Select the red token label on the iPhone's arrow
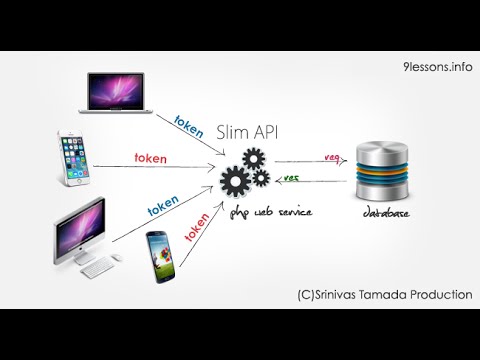point(151,157)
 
